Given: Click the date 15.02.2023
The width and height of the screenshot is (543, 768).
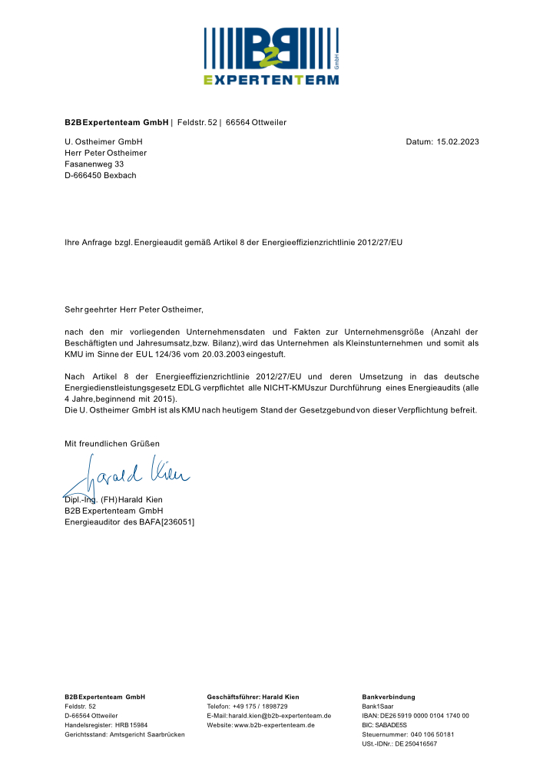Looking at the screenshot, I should click(458, 142).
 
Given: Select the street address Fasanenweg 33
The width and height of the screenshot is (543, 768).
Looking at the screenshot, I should click(94, 164).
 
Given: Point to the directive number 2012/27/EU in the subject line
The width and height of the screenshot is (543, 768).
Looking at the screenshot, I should click(376, 242).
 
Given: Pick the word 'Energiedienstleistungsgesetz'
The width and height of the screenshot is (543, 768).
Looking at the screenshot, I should click(120, 387).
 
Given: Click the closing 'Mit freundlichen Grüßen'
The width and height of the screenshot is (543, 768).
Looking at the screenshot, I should click(112, 444).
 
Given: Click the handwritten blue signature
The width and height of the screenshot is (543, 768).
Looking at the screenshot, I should click(131, 472).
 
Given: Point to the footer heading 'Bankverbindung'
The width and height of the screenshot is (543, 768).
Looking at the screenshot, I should click(388, 697).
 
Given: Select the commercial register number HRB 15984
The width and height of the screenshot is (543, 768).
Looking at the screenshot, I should click(131, 725).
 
